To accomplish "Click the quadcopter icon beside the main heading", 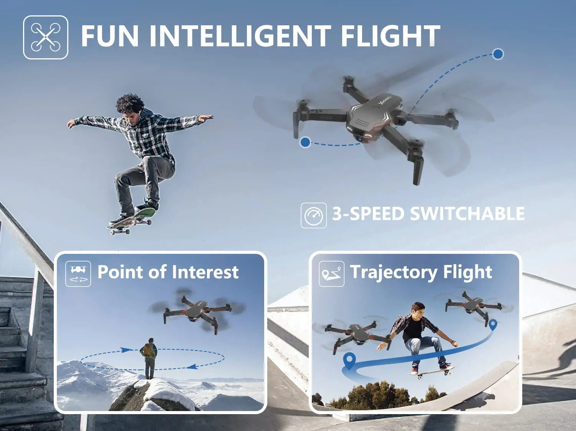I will tap(46, 37).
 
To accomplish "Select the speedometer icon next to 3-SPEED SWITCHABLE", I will tap(313, 215).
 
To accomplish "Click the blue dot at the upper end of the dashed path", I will tap(498, 54).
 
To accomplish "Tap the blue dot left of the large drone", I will tap(305, 142).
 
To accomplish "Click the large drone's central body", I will tap(374, 117).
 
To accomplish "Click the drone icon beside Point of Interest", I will tap(78, 273).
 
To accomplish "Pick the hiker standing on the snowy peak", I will tap(149, 357).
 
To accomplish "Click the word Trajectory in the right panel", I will tap(394, 273).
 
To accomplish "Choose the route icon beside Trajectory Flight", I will tap(331, 273).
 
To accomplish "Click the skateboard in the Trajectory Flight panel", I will tap(431, 372).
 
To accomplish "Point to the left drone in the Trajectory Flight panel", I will tap(355, 333).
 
